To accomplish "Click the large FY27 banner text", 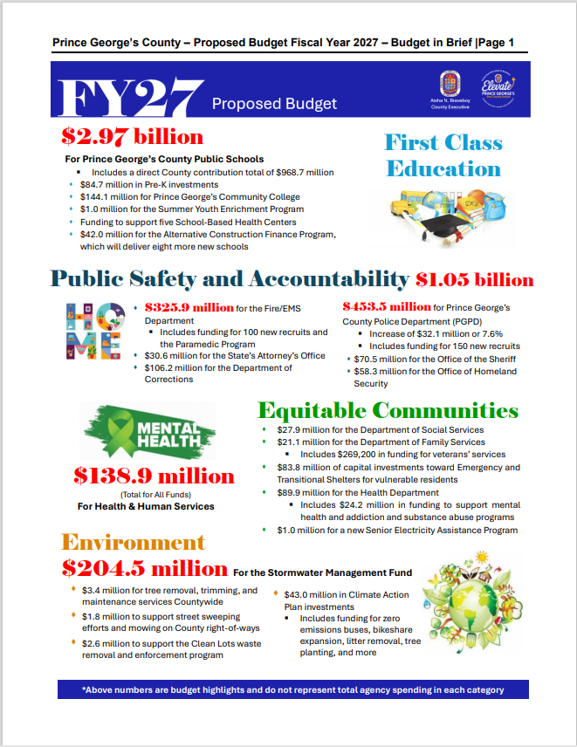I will point(130,100).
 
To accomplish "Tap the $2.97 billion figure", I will point(132,137).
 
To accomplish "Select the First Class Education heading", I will point(443,155).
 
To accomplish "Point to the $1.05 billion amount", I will point(474,280).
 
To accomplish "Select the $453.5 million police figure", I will point(387,307).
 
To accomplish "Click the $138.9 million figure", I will point(154,476).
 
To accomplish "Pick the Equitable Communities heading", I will point(388,410).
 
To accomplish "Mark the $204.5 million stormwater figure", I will point(145,569).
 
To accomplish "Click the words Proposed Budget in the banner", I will point(274,104).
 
